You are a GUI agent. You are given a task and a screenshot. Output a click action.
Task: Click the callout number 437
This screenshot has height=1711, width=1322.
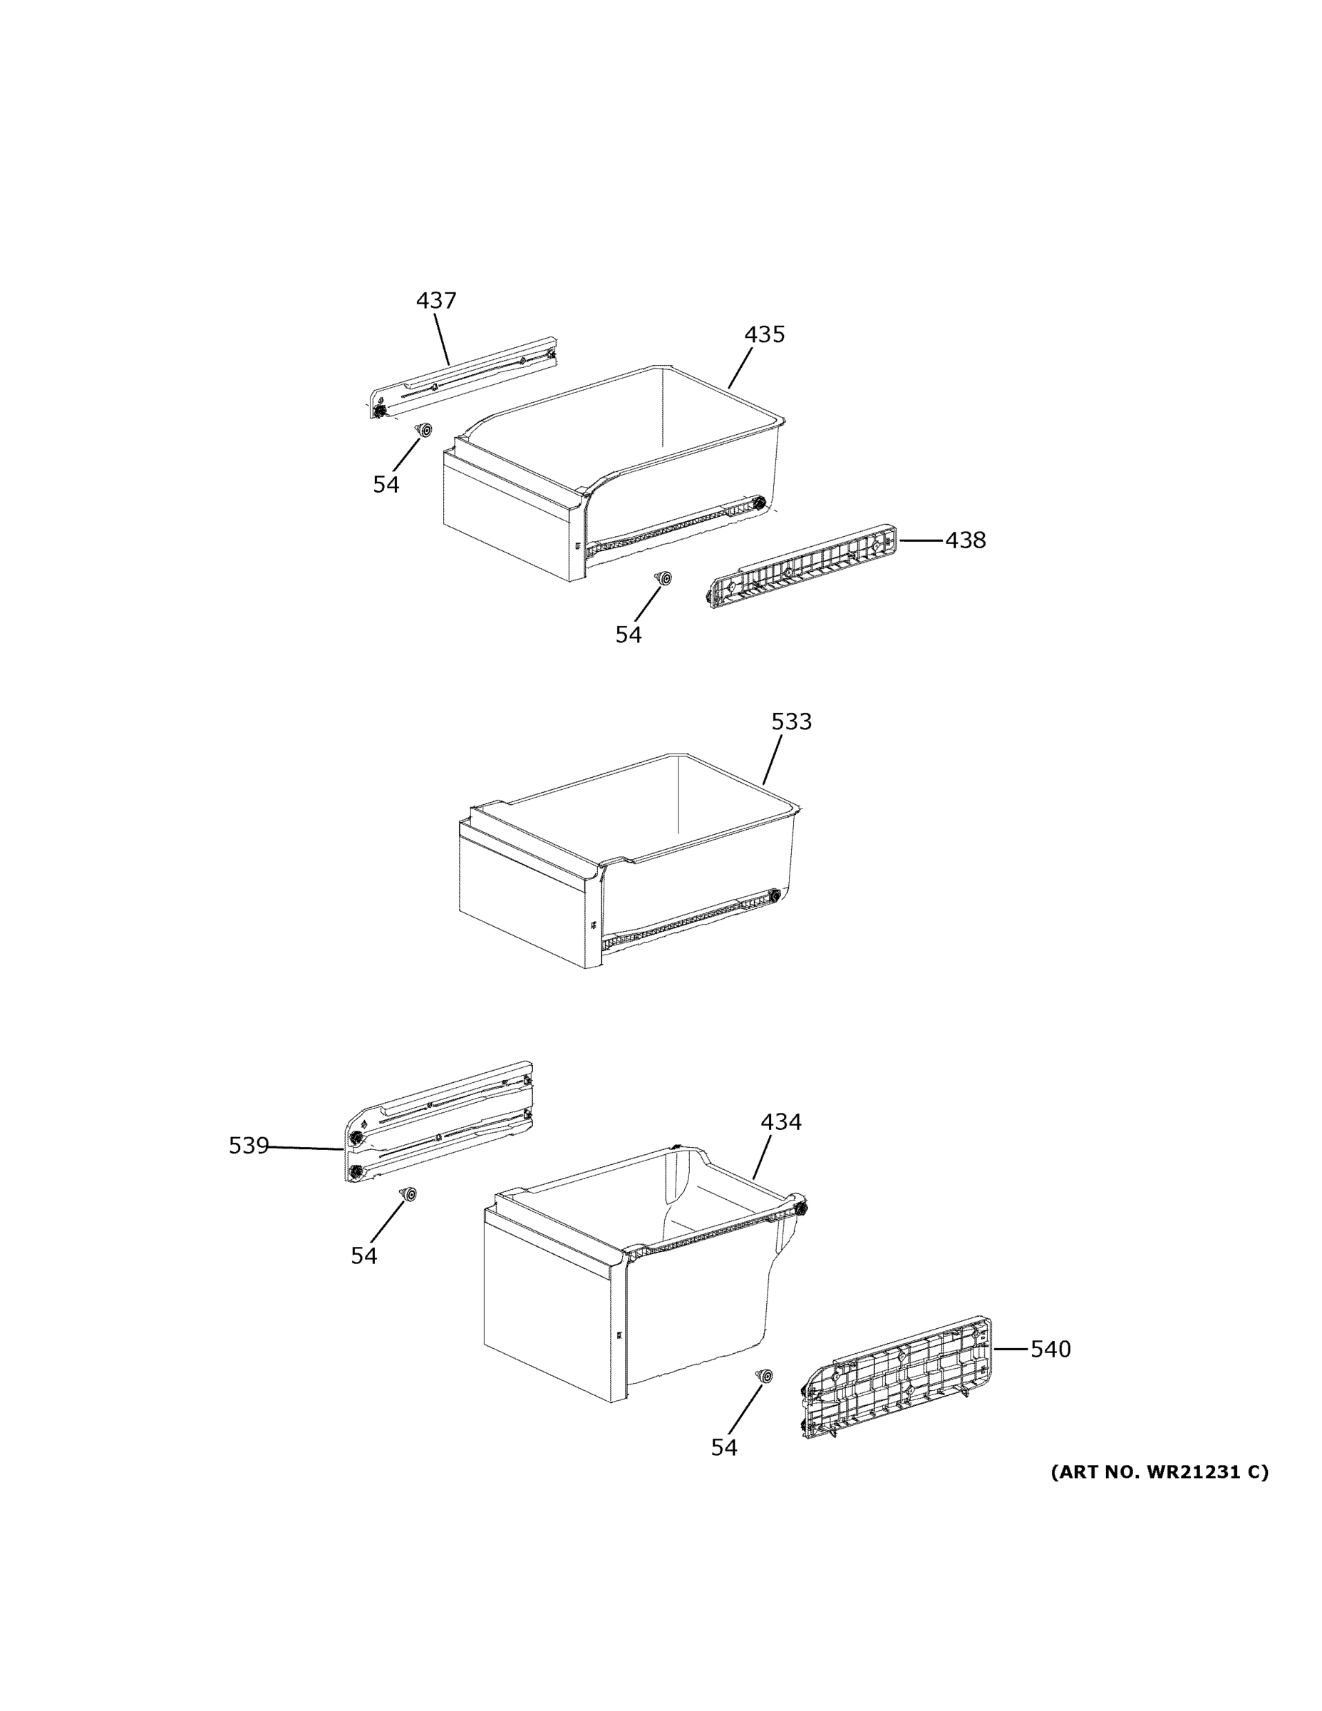[x=435, y=301]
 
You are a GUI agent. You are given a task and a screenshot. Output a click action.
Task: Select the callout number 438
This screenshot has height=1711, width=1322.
[x=965, y=540]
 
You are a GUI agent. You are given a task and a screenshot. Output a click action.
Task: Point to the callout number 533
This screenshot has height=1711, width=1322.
[x=791, y=722]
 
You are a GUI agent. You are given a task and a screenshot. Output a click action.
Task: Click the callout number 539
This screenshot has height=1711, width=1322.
[x=248, y=1146]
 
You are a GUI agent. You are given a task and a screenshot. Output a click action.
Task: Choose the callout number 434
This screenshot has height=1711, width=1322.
[x=781, y=1123]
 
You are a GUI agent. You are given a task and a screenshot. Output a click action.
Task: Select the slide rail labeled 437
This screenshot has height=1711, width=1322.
[x=464, y=378]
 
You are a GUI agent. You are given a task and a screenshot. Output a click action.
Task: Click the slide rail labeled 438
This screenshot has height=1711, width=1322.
[x=802, y=567]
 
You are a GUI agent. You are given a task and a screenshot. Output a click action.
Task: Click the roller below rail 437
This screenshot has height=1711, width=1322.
[x=425, y=430]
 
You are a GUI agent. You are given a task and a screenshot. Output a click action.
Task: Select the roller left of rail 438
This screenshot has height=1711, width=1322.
[x=665, y=578]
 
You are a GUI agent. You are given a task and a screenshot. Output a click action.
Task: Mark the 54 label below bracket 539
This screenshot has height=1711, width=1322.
[x=363, y=1256]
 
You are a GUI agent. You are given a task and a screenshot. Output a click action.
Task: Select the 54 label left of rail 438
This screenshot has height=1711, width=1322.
[x=627, y=635]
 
